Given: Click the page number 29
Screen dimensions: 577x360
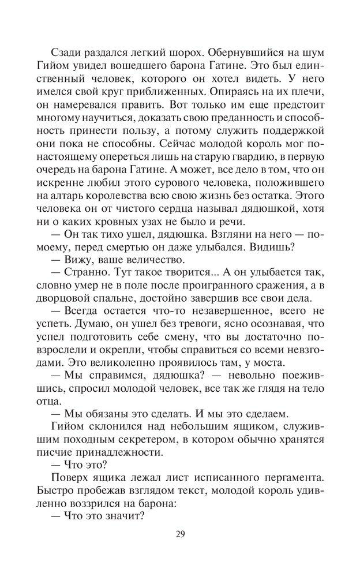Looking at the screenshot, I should pyautogui.click(x=179, y=533).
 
